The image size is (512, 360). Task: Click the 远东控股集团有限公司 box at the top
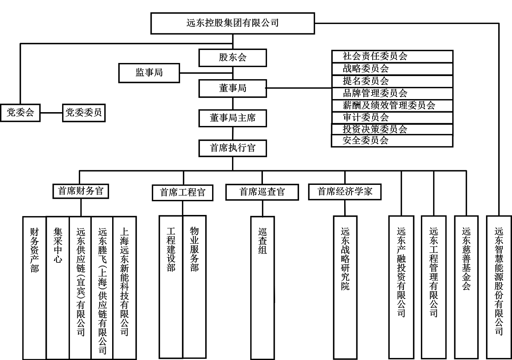232,23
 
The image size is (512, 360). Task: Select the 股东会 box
232,57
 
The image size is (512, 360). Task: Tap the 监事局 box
149,73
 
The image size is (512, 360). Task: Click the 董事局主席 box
232,118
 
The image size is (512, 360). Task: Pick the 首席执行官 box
232,148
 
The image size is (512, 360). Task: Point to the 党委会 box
20,113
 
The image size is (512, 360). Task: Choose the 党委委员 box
84,113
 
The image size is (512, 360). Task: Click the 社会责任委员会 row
392,56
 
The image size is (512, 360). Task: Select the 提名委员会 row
392,81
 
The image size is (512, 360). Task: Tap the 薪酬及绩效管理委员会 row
392,106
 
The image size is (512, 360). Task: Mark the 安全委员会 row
392,141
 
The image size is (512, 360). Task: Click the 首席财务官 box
81,191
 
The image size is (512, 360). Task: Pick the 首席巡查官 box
262,192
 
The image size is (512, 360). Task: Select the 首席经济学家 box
345,191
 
